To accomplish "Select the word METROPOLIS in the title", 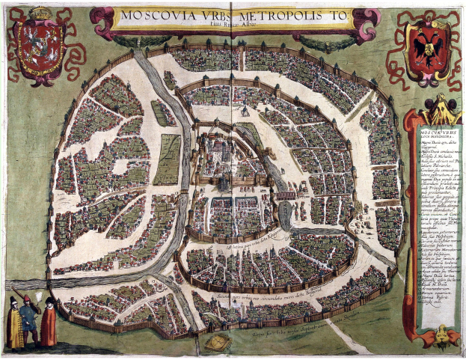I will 283,15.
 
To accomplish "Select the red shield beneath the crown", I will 41,48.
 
